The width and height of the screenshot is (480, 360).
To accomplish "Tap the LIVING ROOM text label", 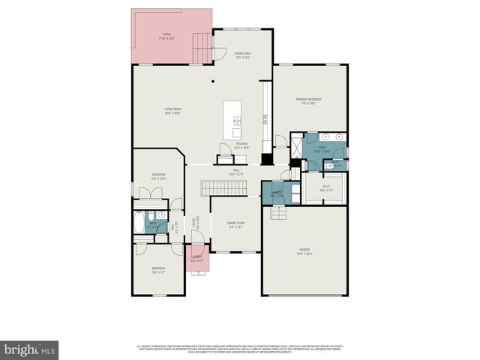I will (173, 111).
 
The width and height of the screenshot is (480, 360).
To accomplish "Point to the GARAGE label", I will (304, 250).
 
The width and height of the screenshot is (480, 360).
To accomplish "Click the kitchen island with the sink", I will (237, 117).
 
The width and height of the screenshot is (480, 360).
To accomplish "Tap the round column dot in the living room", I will (213, 80).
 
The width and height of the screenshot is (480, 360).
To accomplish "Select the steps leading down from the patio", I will (202, 49).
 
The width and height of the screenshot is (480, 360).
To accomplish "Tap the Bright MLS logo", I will (30, 349).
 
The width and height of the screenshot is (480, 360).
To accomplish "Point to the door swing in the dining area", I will (220, 53).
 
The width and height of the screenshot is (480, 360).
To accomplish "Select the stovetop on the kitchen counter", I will (264, 118).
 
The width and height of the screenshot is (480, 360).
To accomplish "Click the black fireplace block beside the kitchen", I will (265, 159).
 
